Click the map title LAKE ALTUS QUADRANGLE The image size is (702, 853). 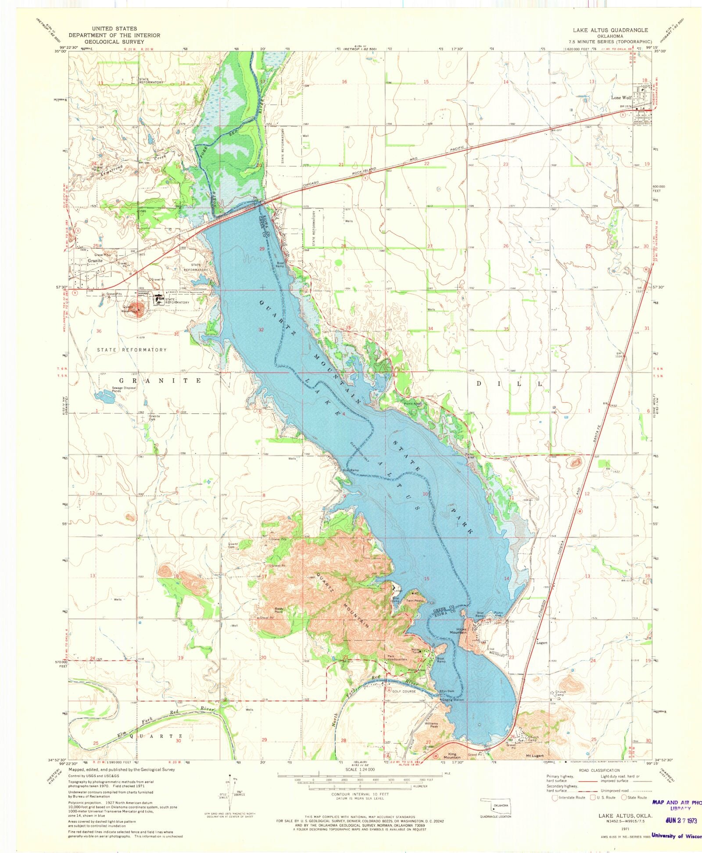(x=610, y=30)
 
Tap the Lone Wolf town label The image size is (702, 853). (x=621, y=98)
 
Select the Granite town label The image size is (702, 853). (x=95, y=261)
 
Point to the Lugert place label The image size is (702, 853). (x=542, y=643)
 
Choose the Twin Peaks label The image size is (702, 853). (x=414, y=601)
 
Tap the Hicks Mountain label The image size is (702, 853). (x=458, y=631)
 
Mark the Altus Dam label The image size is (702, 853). (x=447, y=692)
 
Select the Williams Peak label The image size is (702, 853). (x=431, y=725)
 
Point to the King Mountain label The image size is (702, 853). (x=452, y=756)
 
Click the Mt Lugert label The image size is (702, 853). (x=535, y=756)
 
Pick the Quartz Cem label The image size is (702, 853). (x=233, y=546)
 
